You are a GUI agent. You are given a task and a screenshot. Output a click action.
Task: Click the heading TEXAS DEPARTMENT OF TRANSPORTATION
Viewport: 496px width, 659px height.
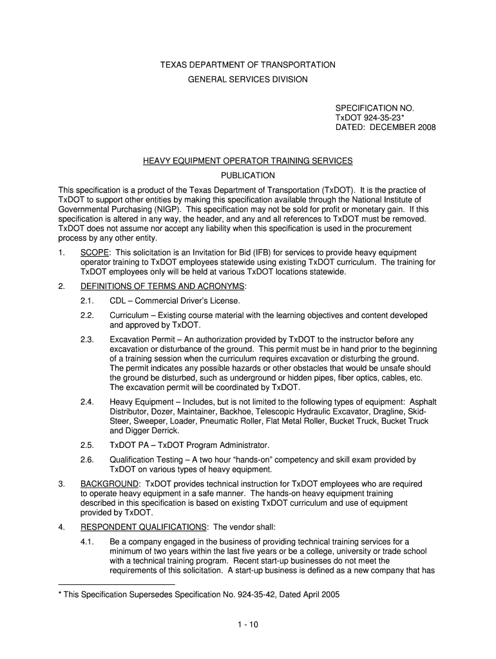coord(247,65)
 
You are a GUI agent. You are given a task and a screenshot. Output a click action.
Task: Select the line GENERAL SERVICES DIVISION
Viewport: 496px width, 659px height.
coord(247,79)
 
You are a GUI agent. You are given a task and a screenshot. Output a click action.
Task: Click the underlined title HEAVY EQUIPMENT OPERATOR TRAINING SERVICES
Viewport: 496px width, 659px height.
coord(247,160)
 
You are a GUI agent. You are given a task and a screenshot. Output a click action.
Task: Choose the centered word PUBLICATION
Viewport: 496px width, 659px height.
coord(247,176)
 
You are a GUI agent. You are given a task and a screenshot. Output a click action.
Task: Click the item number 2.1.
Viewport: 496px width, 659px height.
coord(88,301)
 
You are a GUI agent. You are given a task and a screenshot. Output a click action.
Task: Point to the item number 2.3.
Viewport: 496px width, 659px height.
coord(88,339)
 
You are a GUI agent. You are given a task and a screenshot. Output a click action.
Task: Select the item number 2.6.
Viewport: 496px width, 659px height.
coord(88,460)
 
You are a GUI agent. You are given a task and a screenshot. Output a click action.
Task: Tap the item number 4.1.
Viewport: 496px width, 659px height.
coord(88,542)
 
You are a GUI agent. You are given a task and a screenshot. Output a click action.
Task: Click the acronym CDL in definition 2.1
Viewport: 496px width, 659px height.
coord(119,301)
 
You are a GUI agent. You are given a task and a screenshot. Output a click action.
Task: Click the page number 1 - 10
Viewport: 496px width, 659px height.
coord(247,624)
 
